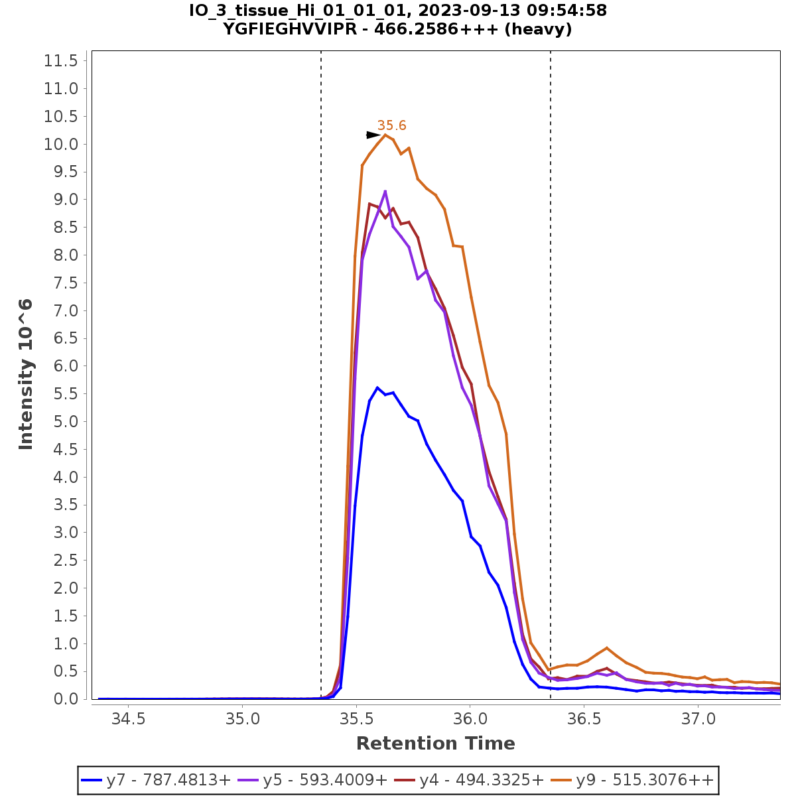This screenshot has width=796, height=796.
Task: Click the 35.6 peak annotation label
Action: [x=391, y=125]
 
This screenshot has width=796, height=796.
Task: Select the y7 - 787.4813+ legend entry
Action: [x=157, y=779]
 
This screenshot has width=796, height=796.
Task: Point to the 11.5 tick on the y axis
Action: [x=61, y=61]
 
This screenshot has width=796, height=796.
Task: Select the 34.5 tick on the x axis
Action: [x=128, y=718]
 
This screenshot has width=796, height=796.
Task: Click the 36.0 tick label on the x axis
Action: [x=470, y=718]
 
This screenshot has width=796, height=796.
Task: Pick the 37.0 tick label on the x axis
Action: [x=698, y=718]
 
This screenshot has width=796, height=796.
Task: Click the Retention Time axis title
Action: [x=435, y=744]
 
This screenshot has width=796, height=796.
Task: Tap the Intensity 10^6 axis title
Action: [x=26, y=375]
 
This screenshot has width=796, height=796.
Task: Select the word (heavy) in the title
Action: [x=537, y=29]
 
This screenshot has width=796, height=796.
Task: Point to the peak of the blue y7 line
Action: [x=377, y=387]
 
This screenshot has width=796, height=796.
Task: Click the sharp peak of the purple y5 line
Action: [x=385, y=191]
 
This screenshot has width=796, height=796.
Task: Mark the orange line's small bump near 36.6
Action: [x=606, y=647]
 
